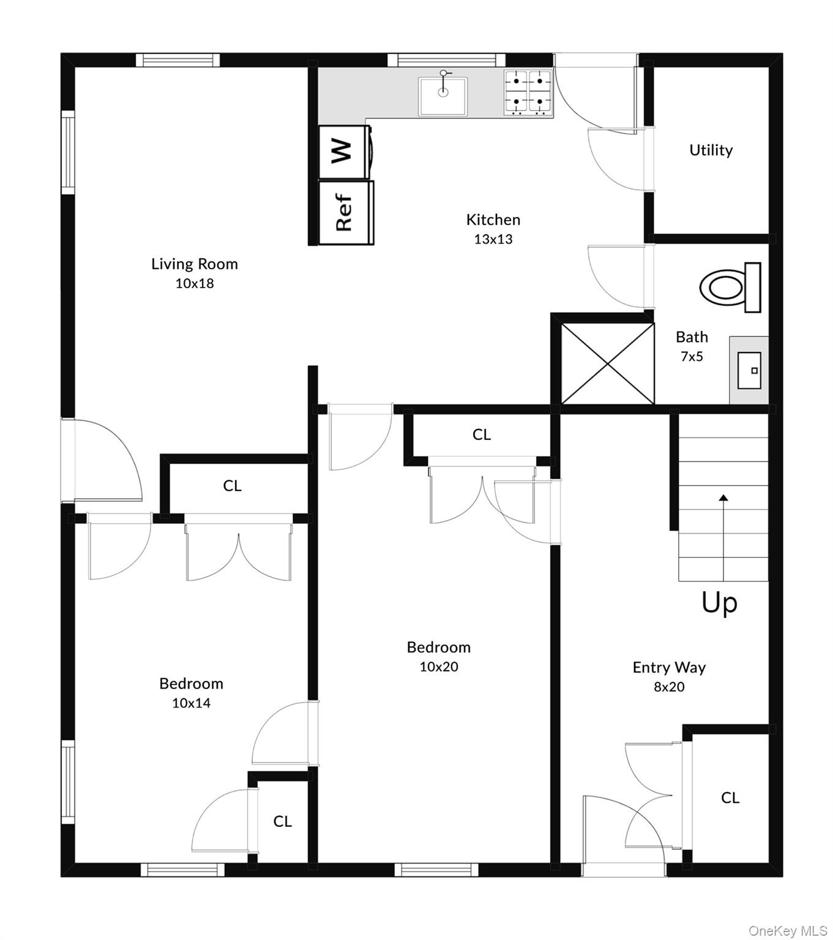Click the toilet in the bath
730,287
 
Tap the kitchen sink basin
443,96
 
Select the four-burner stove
528,92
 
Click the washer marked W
345,152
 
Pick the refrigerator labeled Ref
346,212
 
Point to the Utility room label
711,150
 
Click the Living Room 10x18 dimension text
195,283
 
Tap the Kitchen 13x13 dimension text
493,239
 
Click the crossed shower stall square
608,364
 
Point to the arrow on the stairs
723,538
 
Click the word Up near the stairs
719,603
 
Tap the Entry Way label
669,667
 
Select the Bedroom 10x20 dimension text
439,666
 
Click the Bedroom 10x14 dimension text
191,703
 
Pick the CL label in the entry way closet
730,797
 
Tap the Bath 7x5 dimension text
692,356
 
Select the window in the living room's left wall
68,152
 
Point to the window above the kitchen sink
446,61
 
